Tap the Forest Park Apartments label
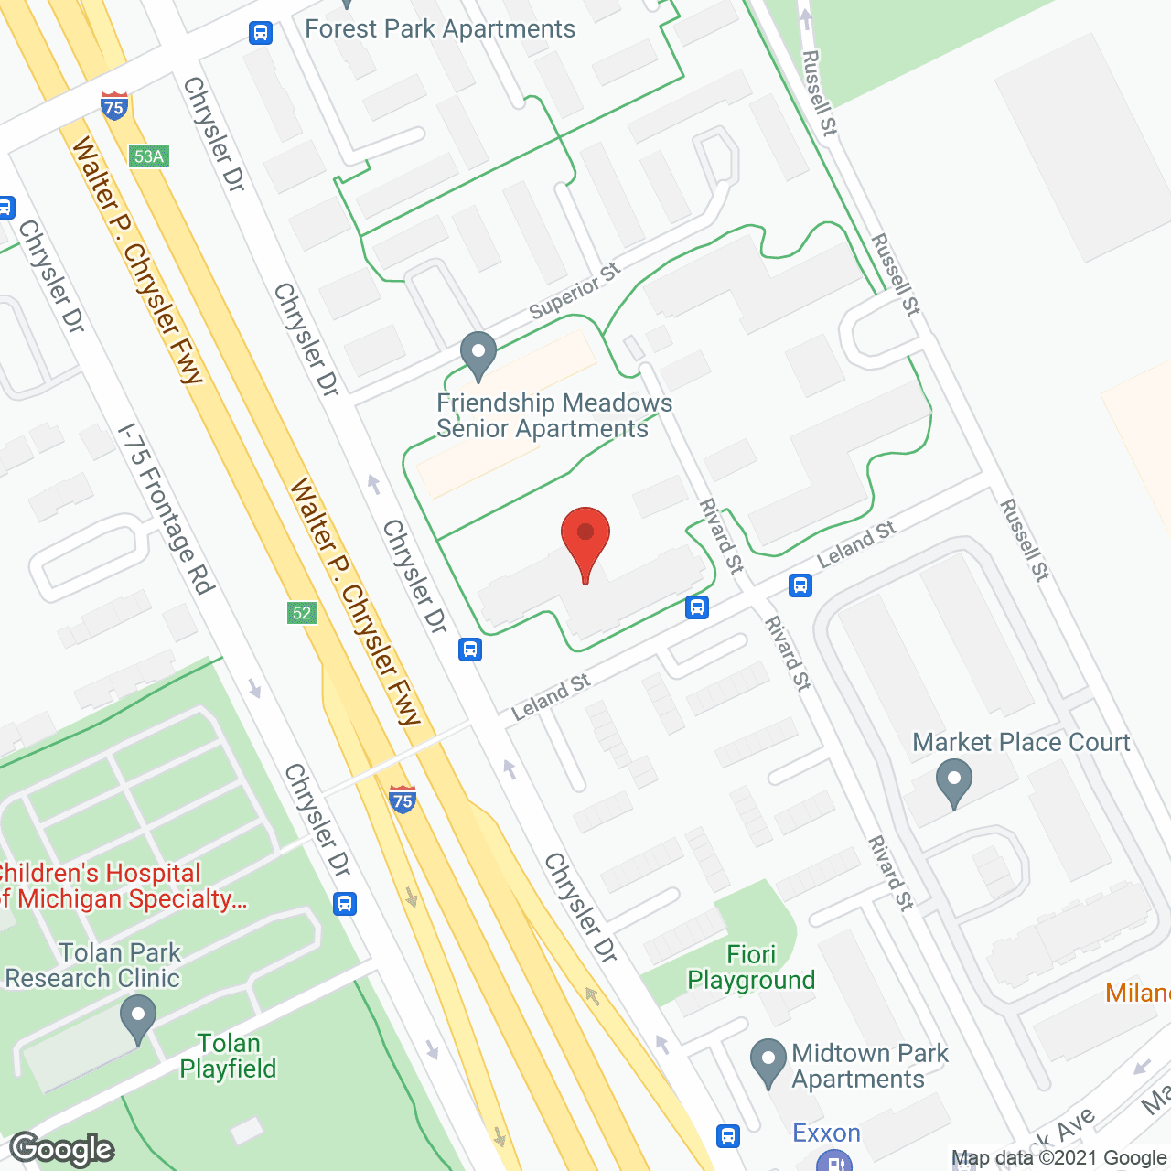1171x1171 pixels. [x=440, y=29]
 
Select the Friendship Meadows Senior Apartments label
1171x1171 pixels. [x=553, y=416]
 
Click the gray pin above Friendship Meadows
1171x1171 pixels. [x=478, y=355]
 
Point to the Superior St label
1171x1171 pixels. [x=575, y=291]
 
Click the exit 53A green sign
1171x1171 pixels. [x=148, y=156]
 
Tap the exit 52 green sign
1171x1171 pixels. [x=302, y=613]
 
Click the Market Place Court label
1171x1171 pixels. [x=1021, y=742]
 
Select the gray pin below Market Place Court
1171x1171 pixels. [x=954, y=785]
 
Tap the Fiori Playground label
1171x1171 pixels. [x=751, y=967]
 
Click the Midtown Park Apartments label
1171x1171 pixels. [x=869, y=1066]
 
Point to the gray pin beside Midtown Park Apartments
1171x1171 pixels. [x=768, y=1063]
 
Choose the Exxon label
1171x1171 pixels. [x=826, y=1133]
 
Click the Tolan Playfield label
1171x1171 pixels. [x=229, y=1056]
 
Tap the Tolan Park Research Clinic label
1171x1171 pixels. [x=93, y=965]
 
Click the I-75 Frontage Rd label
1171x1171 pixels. [x=167, y=508]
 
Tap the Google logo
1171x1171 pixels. [x=62, y=1149]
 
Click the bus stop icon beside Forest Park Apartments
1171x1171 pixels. [x=261, y=33]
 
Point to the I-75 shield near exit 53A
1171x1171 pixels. [x=114, y=105]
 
